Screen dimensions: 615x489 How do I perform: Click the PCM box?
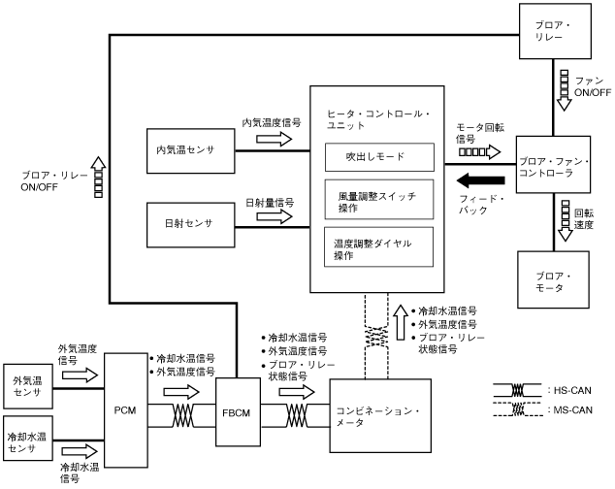coord(126,410)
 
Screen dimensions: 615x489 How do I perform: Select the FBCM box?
coord(238,412)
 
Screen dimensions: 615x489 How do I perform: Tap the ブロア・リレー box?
coord(555,31)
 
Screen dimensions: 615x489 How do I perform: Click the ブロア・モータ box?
coord(553,279)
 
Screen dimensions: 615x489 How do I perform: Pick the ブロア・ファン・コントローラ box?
coord(553,164)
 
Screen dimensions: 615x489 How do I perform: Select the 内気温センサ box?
coord(191,150)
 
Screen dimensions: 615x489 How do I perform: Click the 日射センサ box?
coord(191,225)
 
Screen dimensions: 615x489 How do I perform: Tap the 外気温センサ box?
coord(28,386)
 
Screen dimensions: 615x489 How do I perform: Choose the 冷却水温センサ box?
coord(28,439)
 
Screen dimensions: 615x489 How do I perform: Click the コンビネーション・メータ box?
coord(380,416)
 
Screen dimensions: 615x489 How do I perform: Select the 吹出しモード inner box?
coord(379,157)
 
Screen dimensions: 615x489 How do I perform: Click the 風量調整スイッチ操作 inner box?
coord(379,199)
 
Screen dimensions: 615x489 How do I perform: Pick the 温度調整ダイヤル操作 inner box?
coord(379,246)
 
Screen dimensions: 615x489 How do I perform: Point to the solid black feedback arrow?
coord(481,180)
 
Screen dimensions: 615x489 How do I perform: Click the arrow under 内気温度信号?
coord(275,139)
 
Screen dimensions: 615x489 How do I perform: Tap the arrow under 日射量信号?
coord(275,216)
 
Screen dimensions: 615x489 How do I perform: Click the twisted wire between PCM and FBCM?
coord(182,415)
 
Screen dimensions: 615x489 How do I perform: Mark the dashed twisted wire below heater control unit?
coord(376,337)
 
